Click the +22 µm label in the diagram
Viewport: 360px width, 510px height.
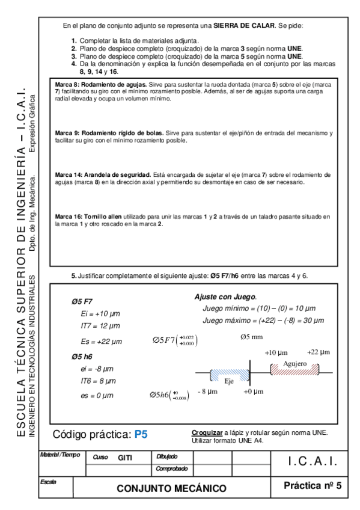click(x=318, y=352)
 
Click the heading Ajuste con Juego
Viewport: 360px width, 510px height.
click(x=225, y=296)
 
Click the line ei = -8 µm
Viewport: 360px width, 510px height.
click(x=97, y=368)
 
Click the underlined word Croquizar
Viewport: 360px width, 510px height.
click(x=207, y=432)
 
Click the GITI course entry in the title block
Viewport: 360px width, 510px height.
click(x=124, y=458)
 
